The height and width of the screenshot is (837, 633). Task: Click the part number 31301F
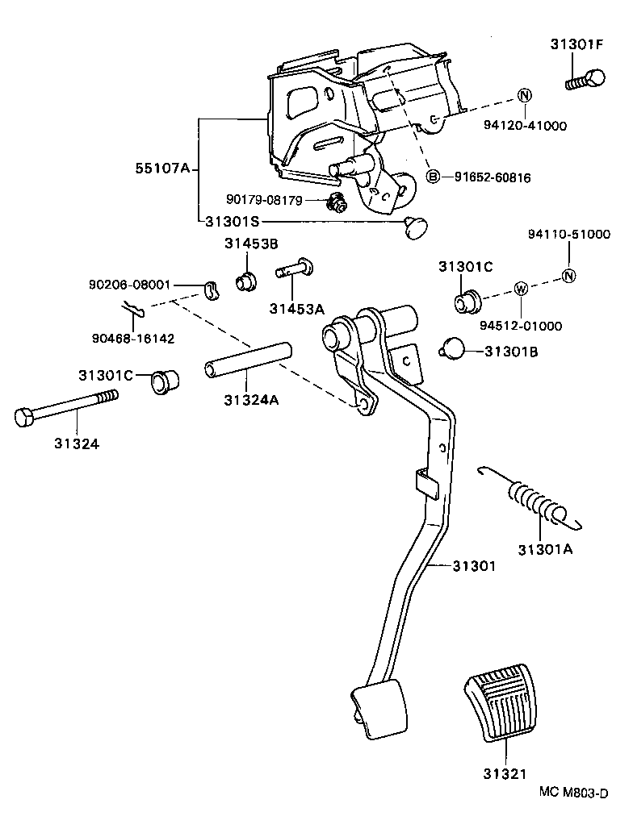(x=577, y=45)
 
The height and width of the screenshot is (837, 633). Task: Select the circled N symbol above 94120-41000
(x=523, y=95)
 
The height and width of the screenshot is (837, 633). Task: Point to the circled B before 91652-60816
(x=434, y=177)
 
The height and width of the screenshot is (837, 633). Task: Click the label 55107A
(x=162, y=169)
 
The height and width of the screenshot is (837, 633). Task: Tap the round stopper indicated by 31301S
(x=416, y=227)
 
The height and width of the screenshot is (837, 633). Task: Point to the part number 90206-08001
(x=132, y=285)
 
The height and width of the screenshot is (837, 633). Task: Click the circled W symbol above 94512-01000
(x=521, y=289)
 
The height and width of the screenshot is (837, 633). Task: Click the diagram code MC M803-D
(x=574, y=793)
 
